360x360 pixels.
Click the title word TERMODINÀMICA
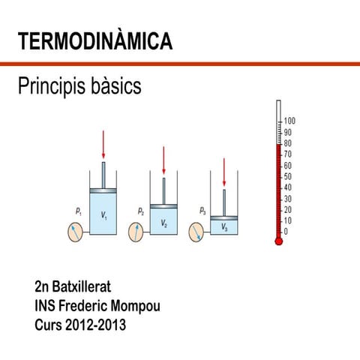pos(94,42)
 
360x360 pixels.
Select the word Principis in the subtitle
pos(50,87)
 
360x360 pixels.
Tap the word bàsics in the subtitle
pos(115,87)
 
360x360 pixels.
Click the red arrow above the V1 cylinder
pos(103,145)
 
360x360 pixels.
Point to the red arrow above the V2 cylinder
pos(163,160)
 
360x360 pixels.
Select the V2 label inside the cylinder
pos(163,223)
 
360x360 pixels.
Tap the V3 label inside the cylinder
pos(223,227)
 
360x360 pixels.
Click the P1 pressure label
pos(79,212)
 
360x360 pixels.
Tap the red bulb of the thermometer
pos(279,241)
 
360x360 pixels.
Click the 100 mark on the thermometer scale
pos(290,121)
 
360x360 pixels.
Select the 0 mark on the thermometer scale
pos(286,232)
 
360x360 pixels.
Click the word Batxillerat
pos(85,287)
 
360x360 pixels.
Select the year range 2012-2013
pos(100,326)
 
